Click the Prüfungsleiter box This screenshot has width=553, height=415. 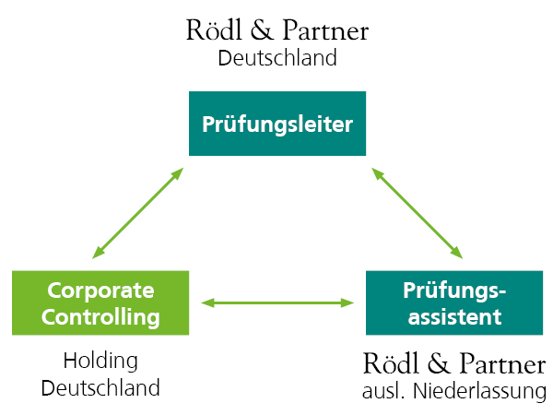pyautogui.click(x=277, y=124)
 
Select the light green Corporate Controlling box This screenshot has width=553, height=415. pyautogui.click(x=100, y=302)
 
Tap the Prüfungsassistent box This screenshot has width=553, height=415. pyautogui.click(x=455, y=302)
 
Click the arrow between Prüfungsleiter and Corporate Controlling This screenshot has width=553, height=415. pyautogui.click(x=138, y=212)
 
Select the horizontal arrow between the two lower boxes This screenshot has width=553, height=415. pyautogui.click(x=277, y=302)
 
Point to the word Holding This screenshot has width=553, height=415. pyautogui.click(x=100, y=361)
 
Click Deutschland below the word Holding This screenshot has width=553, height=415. pyautogui.click(x=100, y=386)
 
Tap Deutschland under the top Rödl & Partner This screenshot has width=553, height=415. pyautogui.click(x=277, y=58)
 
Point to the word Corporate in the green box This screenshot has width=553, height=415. pyautogui.click(x=100, y=289)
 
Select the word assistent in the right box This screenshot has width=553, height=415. pyautogui.click(x=454, y=317)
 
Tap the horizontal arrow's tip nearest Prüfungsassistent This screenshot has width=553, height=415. pyautogui.click(x=350, y=302)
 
